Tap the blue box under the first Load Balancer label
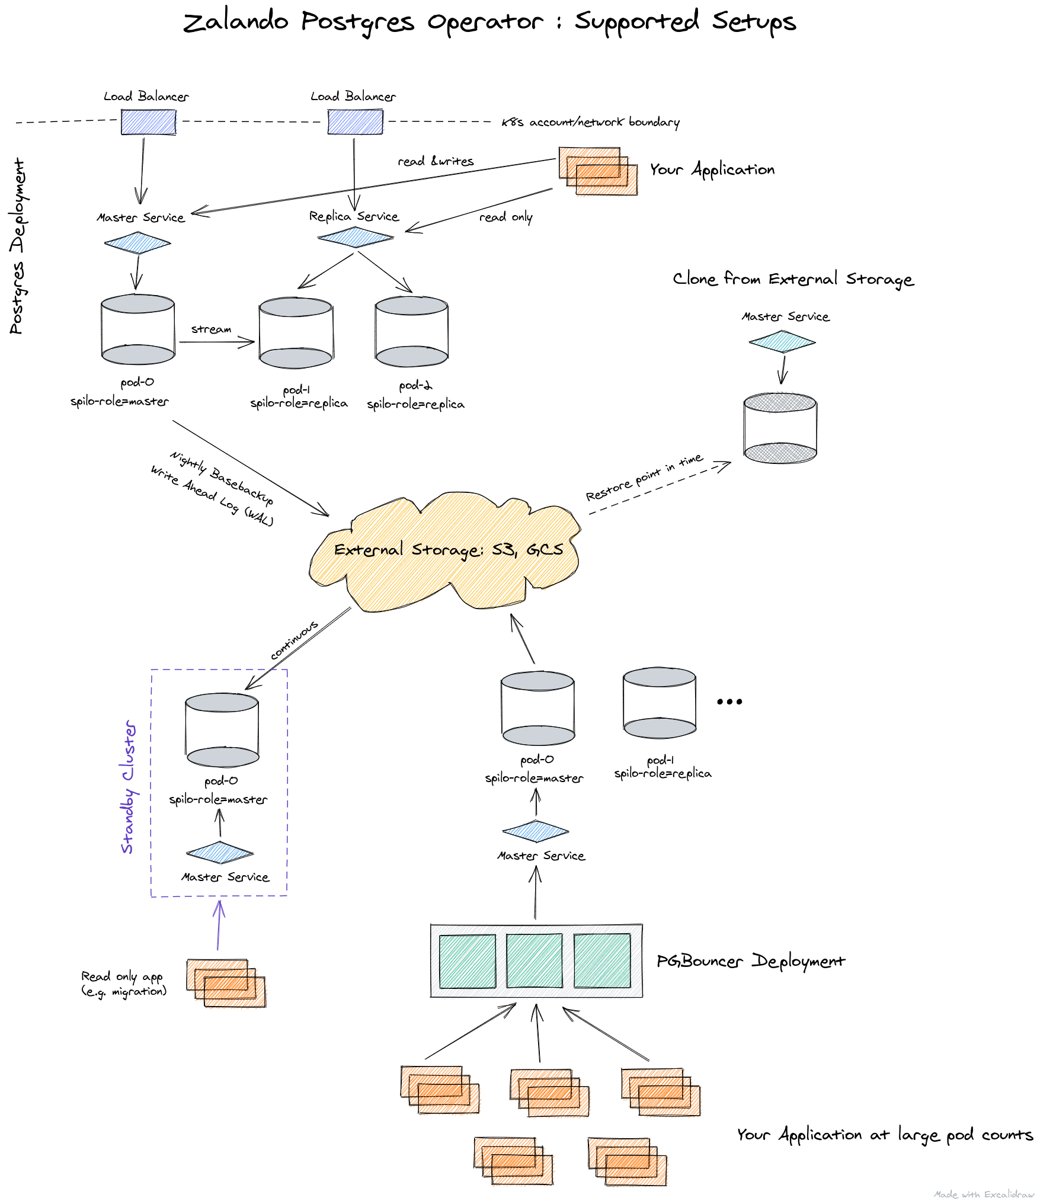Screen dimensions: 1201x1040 coord(148,123)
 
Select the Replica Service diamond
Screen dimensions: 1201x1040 coord(356,238)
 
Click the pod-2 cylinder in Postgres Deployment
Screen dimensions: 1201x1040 coord(411,332)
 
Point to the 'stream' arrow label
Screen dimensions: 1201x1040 coord(211,329)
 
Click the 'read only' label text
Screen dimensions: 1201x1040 coord(505,217)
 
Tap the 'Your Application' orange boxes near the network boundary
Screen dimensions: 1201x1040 coord(597,171)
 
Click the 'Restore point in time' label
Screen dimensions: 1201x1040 coord(644,478)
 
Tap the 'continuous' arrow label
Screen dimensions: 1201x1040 coord(294,640)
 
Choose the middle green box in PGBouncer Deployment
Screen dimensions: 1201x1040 coord(535,960)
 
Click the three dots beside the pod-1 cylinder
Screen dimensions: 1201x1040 coord(729,702)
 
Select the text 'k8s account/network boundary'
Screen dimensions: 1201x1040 coord(590,122)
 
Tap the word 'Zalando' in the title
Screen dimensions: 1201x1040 coord(235,23)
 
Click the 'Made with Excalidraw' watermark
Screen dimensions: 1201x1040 coord(983,1194)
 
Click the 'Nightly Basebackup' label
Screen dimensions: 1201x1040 coord(222,478)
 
